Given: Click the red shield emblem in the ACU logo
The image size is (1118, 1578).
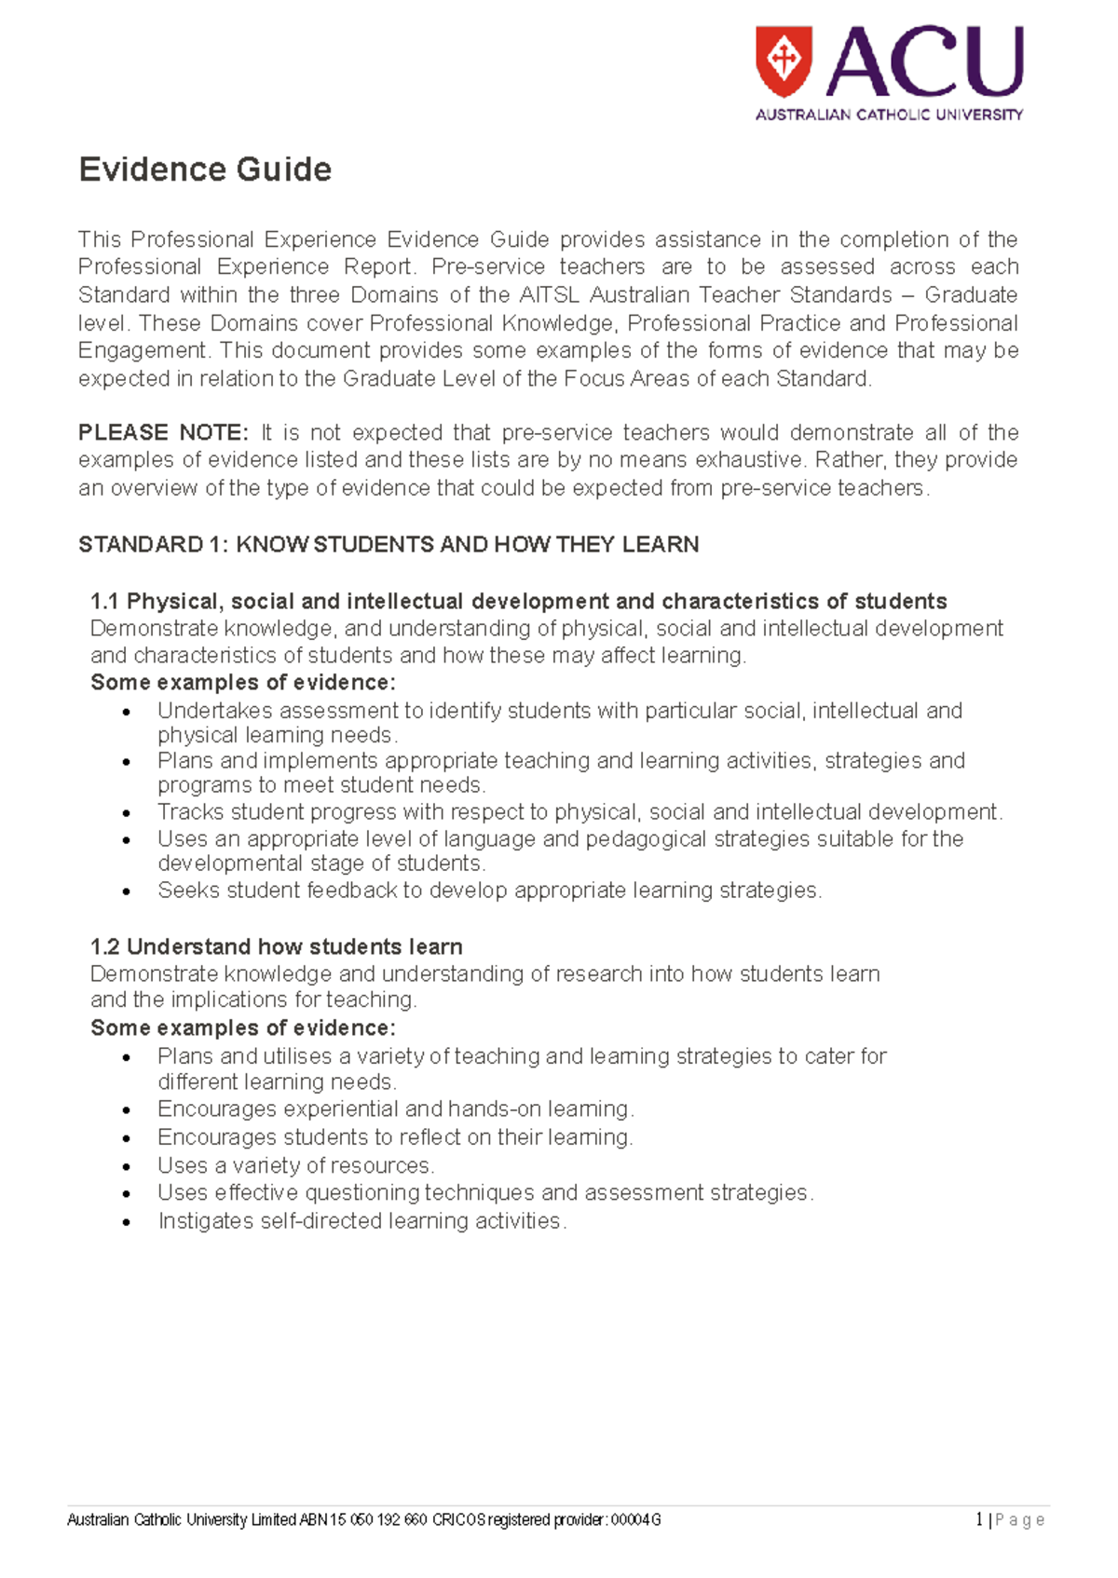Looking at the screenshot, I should (784, 61).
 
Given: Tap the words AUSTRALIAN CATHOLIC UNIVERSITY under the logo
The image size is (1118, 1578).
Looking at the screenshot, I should (888, 115).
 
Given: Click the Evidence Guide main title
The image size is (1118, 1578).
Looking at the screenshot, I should (205, 170).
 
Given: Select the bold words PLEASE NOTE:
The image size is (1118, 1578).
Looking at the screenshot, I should (163, 432).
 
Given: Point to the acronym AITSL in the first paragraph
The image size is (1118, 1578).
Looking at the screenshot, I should (550, 295).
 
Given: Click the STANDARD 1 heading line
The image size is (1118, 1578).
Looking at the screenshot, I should (389, 544).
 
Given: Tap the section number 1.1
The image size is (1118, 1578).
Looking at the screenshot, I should (105, 601).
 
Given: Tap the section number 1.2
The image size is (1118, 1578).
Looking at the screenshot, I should (105, 946).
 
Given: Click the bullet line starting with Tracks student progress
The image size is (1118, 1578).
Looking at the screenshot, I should (579, 811).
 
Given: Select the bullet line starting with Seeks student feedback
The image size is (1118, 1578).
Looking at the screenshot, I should (489, 890).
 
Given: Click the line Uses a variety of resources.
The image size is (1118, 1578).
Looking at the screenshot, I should (295, 1165).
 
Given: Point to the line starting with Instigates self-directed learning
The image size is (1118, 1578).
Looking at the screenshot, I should (361, 1220).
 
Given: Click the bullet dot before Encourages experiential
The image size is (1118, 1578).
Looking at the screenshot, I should (128, 1110).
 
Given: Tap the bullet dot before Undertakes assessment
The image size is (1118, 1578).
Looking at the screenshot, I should (128, 712).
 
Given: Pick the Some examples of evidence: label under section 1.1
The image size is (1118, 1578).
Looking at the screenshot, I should (243, 682).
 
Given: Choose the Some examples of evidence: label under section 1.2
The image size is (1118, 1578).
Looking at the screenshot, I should (243, 1027).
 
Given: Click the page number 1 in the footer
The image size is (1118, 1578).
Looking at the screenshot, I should (978, 1520).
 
